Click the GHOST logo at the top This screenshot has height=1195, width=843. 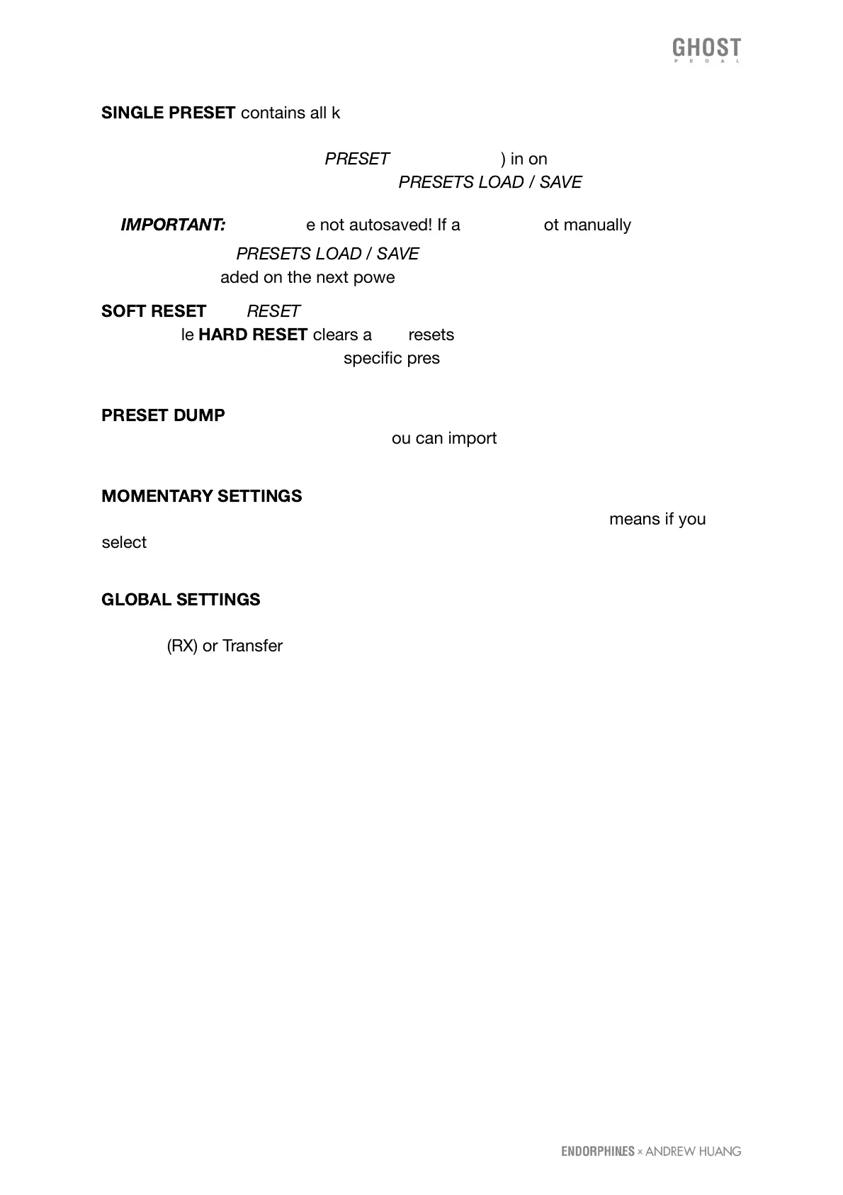click(706, 49)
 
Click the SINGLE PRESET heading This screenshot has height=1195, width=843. click(168, 113)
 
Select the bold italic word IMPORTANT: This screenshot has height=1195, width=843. click(173, 225)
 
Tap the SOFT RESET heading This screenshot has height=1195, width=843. click(153, 311)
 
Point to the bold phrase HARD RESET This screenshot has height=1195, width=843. click(253, 335)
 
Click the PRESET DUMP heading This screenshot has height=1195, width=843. click(163, 415)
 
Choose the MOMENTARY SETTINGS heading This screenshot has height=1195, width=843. click(201, 496)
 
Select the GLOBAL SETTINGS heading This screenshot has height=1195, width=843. click(181, 600)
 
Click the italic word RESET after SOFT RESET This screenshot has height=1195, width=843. click(273, 311)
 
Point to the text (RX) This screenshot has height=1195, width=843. click(182, 646)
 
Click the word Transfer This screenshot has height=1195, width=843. click(252, 646)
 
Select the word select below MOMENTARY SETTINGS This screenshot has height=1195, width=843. click(124, 542)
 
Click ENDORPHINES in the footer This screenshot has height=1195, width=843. click(597, 1151)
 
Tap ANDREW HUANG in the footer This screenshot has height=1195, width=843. click(693, 1151)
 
